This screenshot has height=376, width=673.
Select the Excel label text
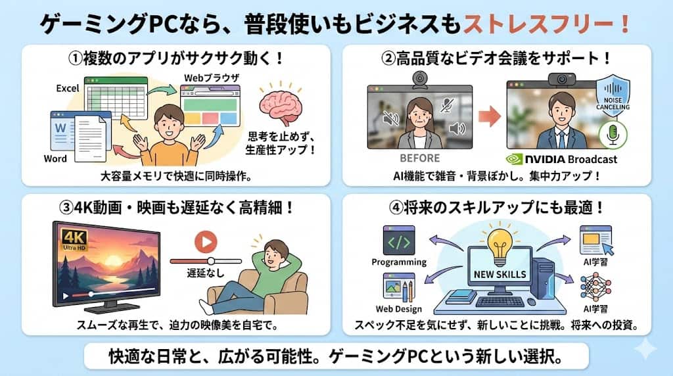pos(68,88)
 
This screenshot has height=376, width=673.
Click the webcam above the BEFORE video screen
pos(419,78)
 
